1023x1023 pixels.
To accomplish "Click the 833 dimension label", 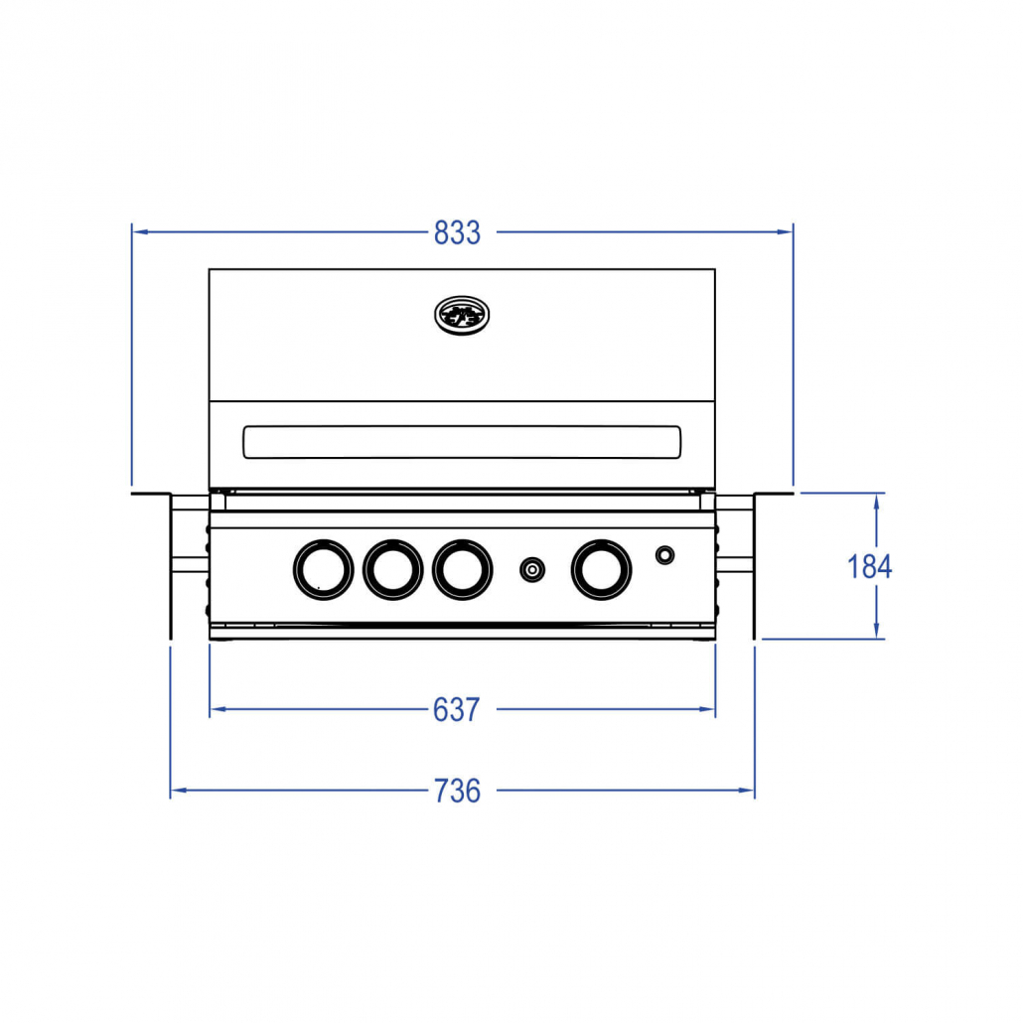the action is pyautogui.click(x=457, y=233).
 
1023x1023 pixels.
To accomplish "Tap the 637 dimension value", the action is pyautogui.click(x=457, y=710).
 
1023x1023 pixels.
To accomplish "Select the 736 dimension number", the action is pyautogui.click(x=457, y=791).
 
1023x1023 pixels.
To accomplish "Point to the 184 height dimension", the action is pyautogui.click(x=869, y=566).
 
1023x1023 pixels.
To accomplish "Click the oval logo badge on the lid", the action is pyautogui.click(x=462, y=315).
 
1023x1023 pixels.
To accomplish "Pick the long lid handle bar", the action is pyautogui.click(x=462, y=442).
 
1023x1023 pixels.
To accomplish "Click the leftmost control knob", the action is pyautogui.click(x=323, y=569).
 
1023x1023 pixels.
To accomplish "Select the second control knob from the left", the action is pyautogui.click(x=392, y=569).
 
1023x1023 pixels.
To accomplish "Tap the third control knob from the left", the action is pyautogui.click(x=463, y=569).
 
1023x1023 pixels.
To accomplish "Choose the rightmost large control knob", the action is pyautogui.click(x=602, y=569).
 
